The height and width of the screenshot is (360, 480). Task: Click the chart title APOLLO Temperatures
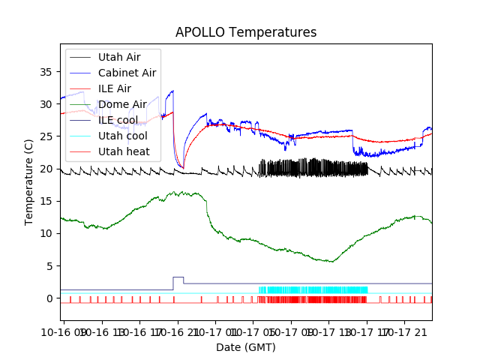point(246,33)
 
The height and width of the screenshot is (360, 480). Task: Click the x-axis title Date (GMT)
point(246,347)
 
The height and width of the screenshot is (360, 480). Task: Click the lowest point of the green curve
point(332,261)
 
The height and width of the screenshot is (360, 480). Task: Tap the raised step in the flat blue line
point(178,277)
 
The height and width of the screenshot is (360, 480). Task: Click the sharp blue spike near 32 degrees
point(172,91)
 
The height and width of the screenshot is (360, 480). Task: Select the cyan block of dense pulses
point(313,289)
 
